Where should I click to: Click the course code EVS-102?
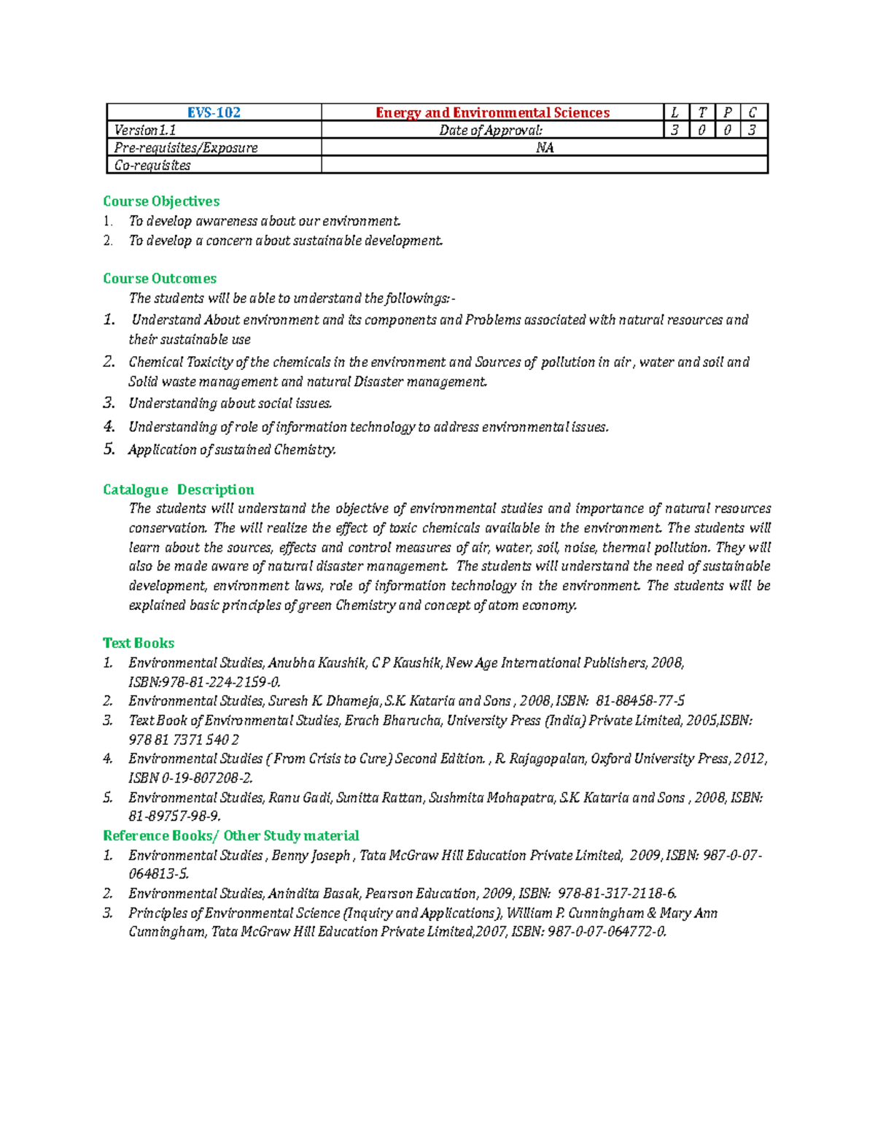click(214, 112)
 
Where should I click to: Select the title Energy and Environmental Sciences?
click(492, 112)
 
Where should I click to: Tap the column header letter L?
click(674, 112)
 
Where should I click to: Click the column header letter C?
click(752, 112)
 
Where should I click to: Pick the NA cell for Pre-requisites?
click(545, 147)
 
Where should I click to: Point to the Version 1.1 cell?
click(145, 130)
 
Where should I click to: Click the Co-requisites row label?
click(152, 166)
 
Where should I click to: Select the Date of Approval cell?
click(491, 130)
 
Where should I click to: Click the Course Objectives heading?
click(161, 201)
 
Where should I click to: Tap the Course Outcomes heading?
click(160, 279)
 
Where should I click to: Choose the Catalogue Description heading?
click(179, 490)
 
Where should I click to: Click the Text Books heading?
click(139, 643)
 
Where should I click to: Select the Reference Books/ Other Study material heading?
click(231, 835)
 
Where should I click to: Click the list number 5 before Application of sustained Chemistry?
click(109, 449)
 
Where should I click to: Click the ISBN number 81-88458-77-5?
click(640, 701)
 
